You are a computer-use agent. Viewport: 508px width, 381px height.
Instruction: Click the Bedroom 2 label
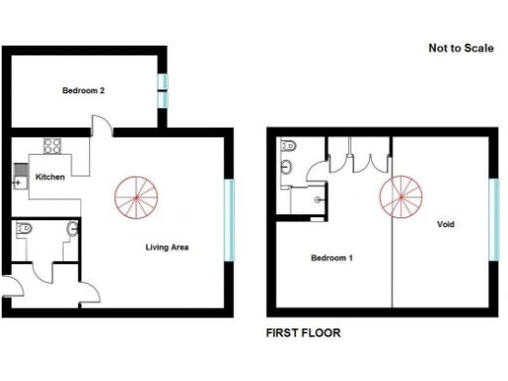point(83,90)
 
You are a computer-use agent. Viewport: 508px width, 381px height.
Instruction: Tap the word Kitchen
point(50,177)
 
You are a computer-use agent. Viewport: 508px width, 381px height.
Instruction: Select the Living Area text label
point(166,247)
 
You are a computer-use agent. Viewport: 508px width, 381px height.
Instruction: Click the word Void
point(446,224)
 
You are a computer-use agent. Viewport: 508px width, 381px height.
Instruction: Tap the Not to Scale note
point(460,48)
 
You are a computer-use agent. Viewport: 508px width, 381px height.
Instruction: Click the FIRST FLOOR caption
point(303,333)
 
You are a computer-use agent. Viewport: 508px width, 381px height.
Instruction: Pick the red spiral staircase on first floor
point(400,195)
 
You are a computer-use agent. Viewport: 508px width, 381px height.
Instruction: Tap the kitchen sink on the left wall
point(18,179)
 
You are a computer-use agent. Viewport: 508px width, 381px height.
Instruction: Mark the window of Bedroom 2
point(165,90)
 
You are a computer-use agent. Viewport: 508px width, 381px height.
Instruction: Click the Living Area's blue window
point(229,218)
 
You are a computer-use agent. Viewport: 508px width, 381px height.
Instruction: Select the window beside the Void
point(493,218)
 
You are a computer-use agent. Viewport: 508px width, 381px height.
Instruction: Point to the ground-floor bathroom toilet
point(26,230)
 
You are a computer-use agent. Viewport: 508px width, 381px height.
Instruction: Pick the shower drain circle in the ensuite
point(317,198)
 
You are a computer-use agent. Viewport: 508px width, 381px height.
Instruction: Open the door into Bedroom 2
point(101,125)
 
